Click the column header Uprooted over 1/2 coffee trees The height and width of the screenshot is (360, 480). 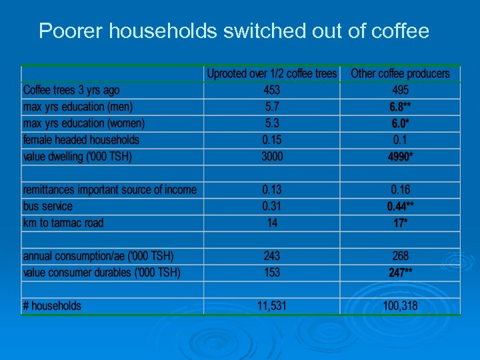[272, 73]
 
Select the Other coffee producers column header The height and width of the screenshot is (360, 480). [400, 73]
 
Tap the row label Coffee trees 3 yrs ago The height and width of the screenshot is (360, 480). [71, 90]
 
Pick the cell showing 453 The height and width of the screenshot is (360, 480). [272, 90]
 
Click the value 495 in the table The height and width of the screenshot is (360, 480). [400, 90]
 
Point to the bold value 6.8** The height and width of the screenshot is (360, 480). [400, 107]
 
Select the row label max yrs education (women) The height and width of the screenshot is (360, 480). [83, 123]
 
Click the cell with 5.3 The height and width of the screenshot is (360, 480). [272, 123]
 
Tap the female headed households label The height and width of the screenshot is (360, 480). [81, 140]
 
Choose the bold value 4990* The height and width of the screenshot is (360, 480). [400, 157]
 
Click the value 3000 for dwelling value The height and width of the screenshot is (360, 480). [272, 157]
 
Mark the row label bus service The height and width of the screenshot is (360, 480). [48, 207]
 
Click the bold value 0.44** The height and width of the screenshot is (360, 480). [400, 207]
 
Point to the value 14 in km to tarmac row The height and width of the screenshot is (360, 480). [272, 223]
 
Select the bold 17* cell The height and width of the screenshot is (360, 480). [400, 223]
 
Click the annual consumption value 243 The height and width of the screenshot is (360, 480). [272, 256]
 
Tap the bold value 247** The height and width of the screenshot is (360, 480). [400, 273]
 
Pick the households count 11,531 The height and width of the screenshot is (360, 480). [272, 306]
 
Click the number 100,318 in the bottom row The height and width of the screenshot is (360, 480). [400, 306]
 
